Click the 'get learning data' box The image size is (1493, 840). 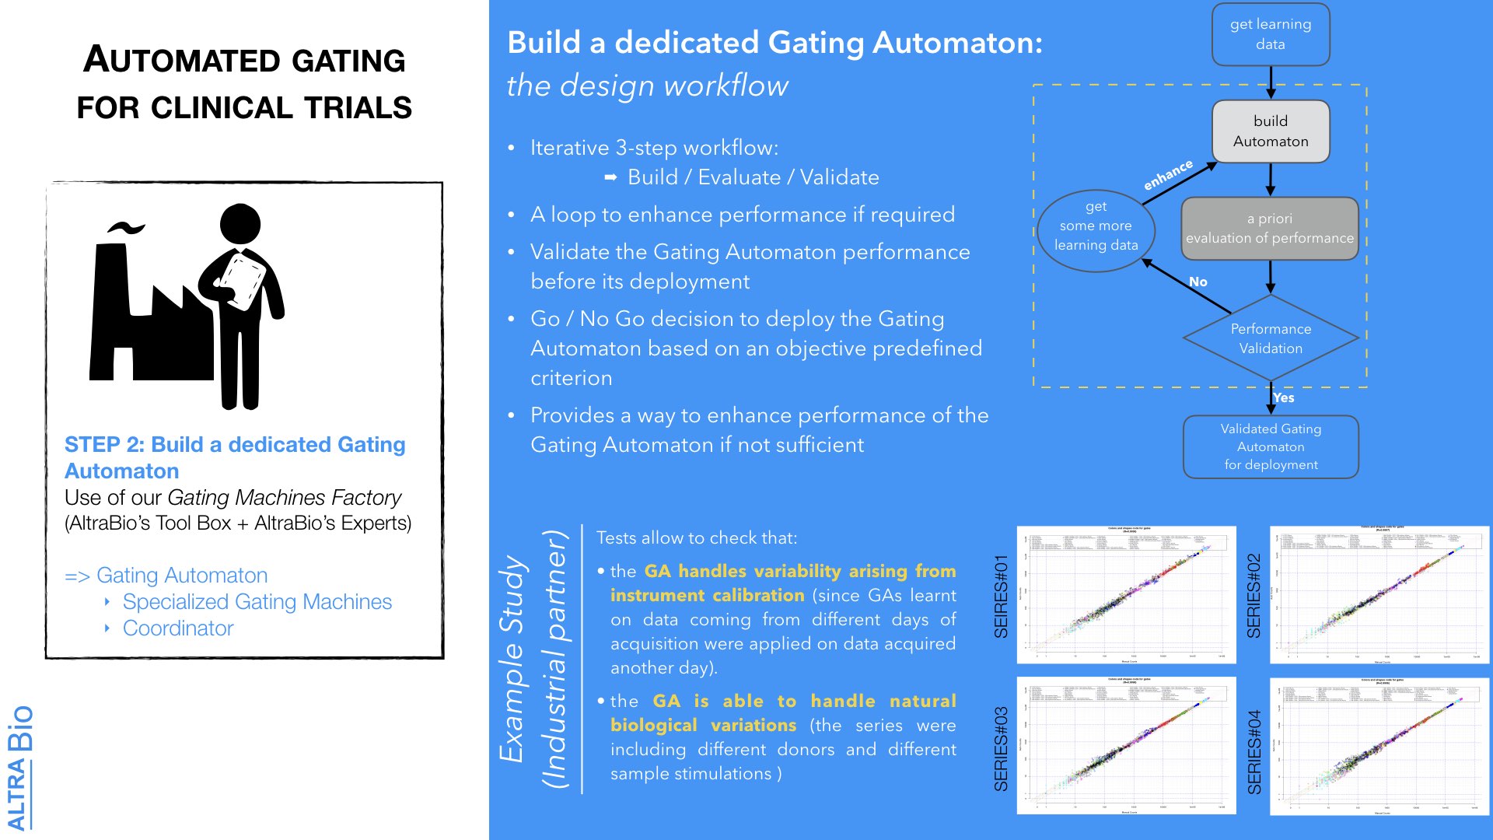(x=1270, y=34)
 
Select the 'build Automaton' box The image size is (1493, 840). (x=1270, y=131)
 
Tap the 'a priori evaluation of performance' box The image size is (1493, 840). (x=1269, y=229)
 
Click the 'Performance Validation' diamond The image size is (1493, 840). (x=1271, y=338)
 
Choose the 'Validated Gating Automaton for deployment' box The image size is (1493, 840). (x=1271, y=446)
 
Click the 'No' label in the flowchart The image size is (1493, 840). (x=1198, y=282)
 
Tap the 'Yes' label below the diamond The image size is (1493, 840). (x=1284, y=397)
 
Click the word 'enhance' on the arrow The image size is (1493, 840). (x=1167, y=175)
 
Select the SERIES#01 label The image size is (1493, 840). (x=1001, y=596)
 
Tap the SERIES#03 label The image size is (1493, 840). (x=1001, y=748)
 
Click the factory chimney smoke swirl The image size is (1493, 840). (x=126, y=228)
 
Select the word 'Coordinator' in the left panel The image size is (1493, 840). (x=178, y=628)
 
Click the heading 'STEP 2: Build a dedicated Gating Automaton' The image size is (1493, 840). (x=235, y=457)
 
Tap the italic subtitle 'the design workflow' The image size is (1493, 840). (x=647, y=86)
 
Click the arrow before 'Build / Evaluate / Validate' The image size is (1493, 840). (x=610, y=178)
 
